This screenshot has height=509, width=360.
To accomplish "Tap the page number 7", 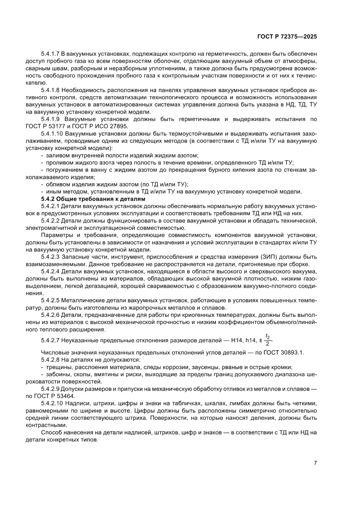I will [x=315, y=462].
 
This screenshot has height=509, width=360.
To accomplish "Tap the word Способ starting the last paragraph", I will [x=52, y=432].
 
